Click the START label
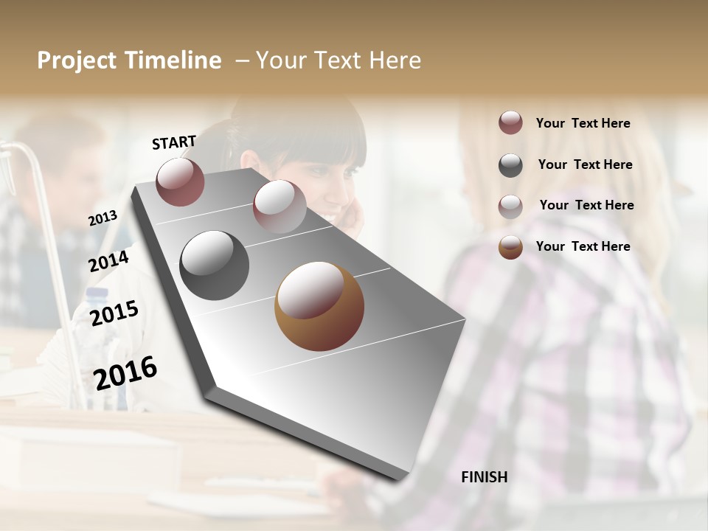[x=174, y=142]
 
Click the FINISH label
[x=484, y=477]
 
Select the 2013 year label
[x=103, y=218]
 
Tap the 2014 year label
[x=108, y=261]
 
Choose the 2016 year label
[x=125, y=372]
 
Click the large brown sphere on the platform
[x=319, y=306]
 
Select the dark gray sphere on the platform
[x=214, y=265]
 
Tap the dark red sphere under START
[x=180, y=181]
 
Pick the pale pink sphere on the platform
[x=279, y=206]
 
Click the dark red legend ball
[x=510, y=123]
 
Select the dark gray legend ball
[x=510, y=165]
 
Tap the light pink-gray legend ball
[x=510, y=206]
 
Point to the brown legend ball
[x=510, y=247]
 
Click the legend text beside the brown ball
[x=583, y=246]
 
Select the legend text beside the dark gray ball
[x=585, y=164]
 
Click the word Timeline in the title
[x=173, y=60]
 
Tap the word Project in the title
[x=76, y=60]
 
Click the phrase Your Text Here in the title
[x=339, y=60]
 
